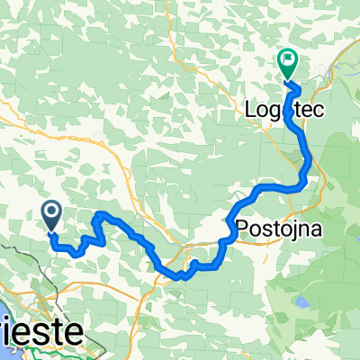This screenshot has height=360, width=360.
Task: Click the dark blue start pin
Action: (x=52, y=214)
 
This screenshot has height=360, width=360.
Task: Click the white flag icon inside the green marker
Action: (x=289, y=61)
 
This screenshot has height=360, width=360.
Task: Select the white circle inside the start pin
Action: (x=52, y=212)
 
